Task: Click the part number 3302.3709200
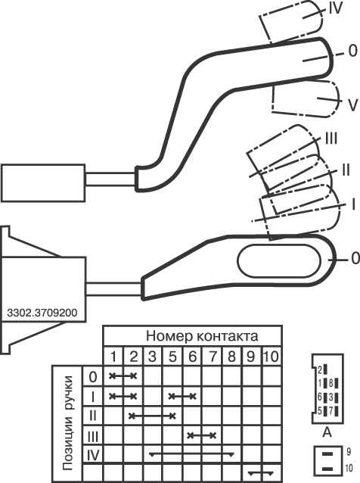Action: (x=42, y=313)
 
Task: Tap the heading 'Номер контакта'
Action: (x=202, y=336)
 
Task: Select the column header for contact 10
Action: (x=271, y=357)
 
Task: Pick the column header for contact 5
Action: (x=172, y=357)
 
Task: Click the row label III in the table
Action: (x=93, y=436)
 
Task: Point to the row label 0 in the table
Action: (x=93, y=376)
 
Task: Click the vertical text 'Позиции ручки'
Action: (x=68, y=422)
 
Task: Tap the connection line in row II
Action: (x=152, y=416)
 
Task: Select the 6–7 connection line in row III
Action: (x=202, y=435)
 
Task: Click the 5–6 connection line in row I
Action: (x=182, y=396)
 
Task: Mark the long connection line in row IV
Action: (x=191, y=453)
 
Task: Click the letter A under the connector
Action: (x=327, y=432)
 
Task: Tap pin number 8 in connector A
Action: (x=331, y=384)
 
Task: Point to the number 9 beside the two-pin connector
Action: (x=349, y=451)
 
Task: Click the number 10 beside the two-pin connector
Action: (x=349, y=468)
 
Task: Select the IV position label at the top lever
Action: (x=335, y=8)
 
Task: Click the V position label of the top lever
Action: (x=353, y=104)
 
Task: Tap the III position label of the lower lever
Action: (x=331, y=139)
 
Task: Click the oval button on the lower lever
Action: (x=279, y=261)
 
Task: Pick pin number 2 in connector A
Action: (x=320, y=369)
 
